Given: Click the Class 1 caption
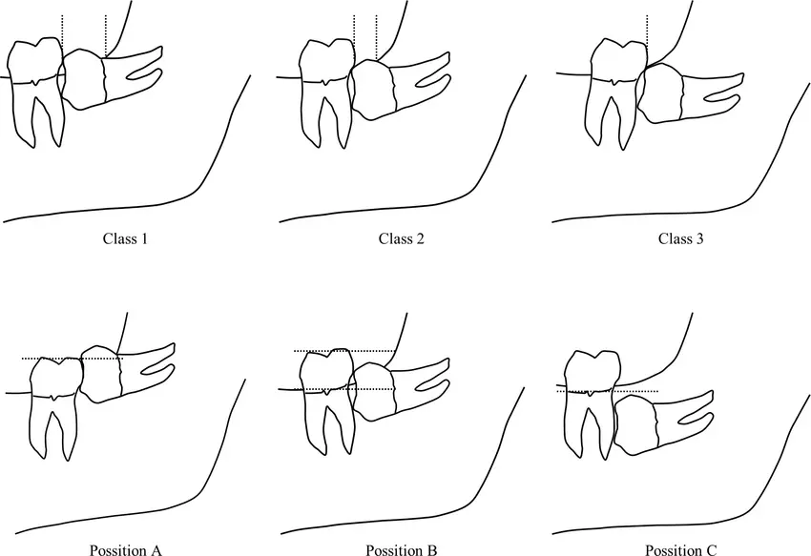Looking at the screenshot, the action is pyautogui.click(x=125, y=239).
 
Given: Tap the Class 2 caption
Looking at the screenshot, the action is pyautogui.click(x=401, y=239).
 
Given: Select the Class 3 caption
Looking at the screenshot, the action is pyautogui.click(x=680, y=239).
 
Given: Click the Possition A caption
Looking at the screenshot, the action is pyautogui.click(x=126, y=549).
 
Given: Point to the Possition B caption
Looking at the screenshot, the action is pyautogui.click(x=402, y=549).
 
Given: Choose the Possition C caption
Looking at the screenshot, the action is pyautogui.click(x=680, y=549).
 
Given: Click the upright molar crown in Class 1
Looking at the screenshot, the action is pyautogui.click(x=35, y=59).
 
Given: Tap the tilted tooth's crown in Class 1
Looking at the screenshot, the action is pyautogui.click(x=83, y=79).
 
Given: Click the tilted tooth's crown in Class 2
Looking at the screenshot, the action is pyautogui.click(x=371, y=90).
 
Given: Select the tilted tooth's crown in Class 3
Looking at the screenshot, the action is pyautogui.click(x=659, y=93).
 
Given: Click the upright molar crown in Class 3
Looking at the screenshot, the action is pyautogui.click(x=618, y=59).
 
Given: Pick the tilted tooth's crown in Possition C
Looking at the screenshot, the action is pyautogui.click(x=635, y=425).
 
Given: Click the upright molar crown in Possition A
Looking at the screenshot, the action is pyautogui.click(x=54, y=377).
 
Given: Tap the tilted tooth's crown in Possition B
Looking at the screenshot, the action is pyautogui.click(x=372, y=392).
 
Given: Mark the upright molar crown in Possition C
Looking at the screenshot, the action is pyautogui.click(x=592, y=372).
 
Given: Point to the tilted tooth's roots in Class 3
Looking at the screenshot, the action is pyautogui.click(x=713, y=96).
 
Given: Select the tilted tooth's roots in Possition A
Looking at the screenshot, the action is pyautogui.click(x=147, y=368).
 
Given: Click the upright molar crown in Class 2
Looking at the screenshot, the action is pyautogui.click(x=327, y=61).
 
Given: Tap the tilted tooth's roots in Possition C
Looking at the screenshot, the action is pyautogui.click(x=686, y=418).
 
